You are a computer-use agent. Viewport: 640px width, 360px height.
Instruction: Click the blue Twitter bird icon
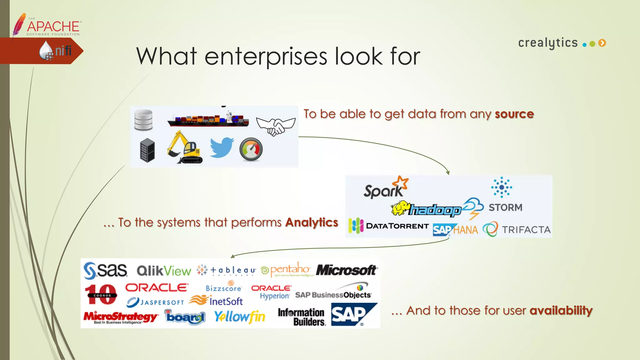tap(222, 147)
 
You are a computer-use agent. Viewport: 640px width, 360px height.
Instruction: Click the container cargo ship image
tap(208, 119)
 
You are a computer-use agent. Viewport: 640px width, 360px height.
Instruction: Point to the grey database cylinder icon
tap(143, 120)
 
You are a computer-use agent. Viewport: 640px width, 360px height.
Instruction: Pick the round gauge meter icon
tap(251, 149)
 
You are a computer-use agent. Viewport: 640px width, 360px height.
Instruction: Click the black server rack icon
tap(147, 150)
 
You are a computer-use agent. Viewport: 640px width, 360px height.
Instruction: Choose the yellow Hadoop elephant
tap(400, 208)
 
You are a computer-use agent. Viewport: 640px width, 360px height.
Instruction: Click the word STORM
tap(505, 207)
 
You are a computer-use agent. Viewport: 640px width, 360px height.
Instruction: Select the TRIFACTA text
tap(526, 230)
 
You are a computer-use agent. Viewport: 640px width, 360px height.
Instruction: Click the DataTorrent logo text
tap(397, 226)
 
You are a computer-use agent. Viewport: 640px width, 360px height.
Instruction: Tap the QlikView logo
tap(164, 271)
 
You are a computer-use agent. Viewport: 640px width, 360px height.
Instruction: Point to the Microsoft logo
tap(347, 270)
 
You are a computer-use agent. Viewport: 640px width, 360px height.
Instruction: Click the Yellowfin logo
tap(240, 317)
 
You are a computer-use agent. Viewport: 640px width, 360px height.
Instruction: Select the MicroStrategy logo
tap(121, 317)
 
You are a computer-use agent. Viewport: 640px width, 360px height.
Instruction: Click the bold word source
tap(514, 114)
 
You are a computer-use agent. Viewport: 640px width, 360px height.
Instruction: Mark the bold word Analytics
tap(312, 222)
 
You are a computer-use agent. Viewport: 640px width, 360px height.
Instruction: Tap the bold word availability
tap(561, 311)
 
